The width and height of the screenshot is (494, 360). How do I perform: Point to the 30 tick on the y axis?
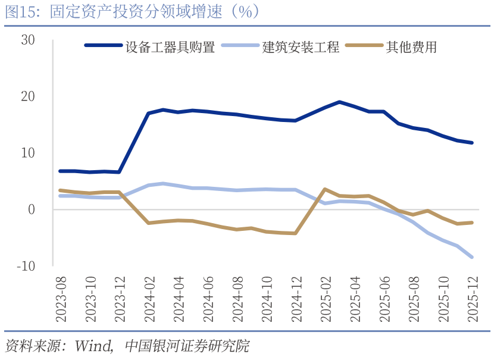tap(28, 40)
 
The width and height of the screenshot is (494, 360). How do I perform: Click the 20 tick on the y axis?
tap(28, 96)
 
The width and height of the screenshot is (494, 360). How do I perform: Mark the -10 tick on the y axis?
tap(26, 266)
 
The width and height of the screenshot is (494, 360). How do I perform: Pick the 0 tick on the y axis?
tap(32, 209)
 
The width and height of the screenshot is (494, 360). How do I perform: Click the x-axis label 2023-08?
tap(61, 299)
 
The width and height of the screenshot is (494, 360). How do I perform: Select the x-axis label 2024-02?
tap(149, 299)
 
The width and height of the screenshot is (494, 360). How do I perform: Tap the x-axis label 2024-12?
tap(296, 299)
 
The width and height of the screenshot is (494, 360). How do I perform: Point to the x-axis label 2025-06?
tap(384, 299)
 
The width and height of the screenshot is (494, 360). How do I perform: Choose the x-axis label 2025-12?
tap(472, 299)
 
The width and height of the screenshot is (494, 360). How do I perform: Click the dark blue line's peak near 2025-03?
tap(339, 102)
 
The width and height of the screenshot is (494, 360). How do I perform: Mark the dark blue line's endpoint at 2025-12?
tap(472, 143)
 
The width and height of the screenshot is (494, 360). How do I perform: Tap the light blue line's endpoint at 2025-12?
tap(472, 257)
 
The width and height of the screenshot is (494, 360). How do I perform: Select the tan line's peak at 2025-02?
tap(325, 189)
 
